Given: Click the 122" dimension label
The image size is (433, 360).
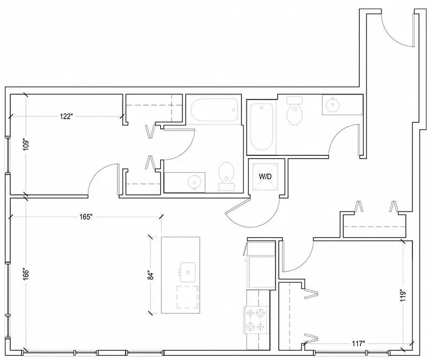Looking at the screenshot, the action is click(x=66, y=116).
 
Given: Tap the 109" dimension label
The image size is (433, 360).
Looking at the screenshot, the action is click(x=26, y=144).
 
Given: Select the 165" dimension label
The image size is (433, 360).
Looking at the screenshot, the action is click(x=86, y=217).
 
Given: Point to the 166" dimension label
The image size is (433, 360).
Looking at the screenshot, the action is click(x=26, y=274).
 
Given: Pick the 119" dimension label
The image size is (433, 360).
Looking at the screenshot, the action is click(x=403, y=296).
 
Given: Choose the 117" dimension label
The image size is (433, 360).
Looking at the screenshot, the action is click(x=359, y=344).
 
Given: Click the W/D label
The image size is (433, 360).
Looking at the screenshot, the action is click(x=265, y=176).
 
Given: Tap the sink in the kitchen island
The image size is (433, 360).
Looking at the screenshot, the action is click(x=188, y=272).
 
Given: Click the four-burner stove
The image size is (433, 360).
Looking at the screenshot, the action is click(x=256, y=320).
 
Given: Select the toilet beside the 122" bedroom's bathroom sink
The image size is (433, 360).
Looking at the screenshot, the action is click(x=227, y=176).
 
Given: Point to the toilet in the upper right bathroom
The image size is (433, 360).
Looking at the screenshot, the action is click(x=295, y=111).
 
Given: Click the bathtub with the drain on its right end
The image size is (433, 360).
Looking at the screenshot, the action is click(x=214, y=110).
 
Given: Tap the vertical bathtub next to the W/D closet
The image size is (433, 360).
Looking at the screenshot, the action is click(x=262, y=127).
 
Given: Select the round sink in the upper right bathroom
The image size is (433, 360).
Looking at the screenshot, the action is click(x=332, y=105).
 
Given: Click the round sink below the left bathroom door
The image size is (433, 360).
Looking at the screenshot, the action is click(x=194, y=182).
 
